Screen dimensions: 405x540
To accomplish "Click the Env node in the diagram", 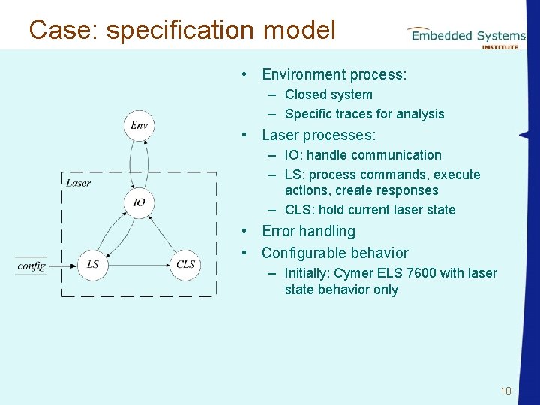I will [139, 125].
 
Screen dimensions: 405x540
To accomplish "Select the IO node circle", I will [139, 202].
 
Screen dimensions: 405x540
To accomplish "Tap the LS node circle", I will [93, 264].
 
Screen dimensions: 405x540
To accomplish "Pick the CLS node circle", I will [185, 264].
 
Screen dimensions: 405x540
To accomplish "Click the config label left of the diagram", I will [31, 265].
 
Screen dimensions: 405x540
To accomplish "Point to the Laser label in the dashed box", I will [79, 182].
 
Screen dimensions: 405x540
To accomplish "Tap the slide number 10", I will [505, 391].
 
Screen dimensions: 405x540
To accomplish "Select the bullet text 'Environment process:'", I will [334, 74].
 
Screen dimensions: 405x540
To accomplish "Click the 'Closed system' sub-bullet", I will [328, 94].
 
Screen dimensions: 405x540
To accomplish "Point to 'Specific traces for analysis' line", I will [364, 114].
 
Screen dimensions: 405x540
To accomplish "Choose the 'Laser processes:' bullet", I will [319, 135].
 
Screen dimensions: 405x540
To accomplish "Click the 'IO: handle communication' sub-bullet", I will [363, 155].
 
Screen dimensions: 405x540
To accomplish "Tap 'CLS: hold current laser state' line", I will [370, 210].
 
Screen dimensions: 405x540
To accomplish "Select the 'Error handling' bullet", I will [308, 231].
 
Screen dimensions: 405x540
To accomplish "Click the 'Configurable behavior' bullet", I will [334, 253].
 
